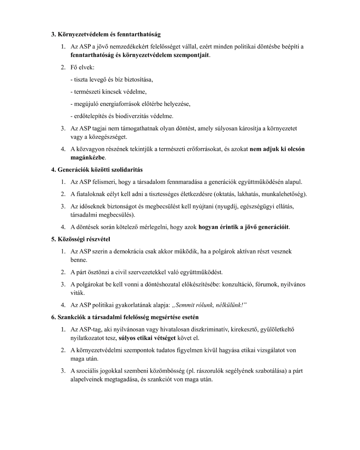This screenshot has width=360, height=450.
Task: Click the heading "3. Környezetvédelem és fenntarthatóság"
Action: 106,34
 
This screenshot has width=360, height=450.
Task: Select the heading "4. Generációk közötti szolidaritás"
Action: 97,170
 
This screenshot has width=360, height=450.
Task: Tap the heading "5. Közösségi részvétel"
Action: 80,239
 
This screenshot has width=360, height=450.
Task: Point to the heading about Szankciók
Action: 125,317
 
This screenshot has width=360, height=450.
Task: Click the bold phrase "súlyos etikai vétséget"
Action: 147,338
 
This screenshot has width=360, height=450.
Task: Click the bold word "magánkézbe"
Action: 88,157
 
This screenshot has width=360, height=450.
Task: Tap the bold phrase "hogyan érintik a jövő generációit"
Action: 243,227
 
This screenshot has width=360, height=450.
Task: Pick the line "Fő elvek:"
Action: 82,67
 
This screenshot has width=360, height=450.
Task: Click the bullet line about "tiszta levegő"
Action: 112,80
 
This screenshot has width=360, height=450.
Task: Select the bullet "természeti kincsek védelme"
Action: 108,92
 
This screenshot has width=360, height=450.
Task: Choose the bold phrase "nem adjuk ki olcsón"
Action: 277,149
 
